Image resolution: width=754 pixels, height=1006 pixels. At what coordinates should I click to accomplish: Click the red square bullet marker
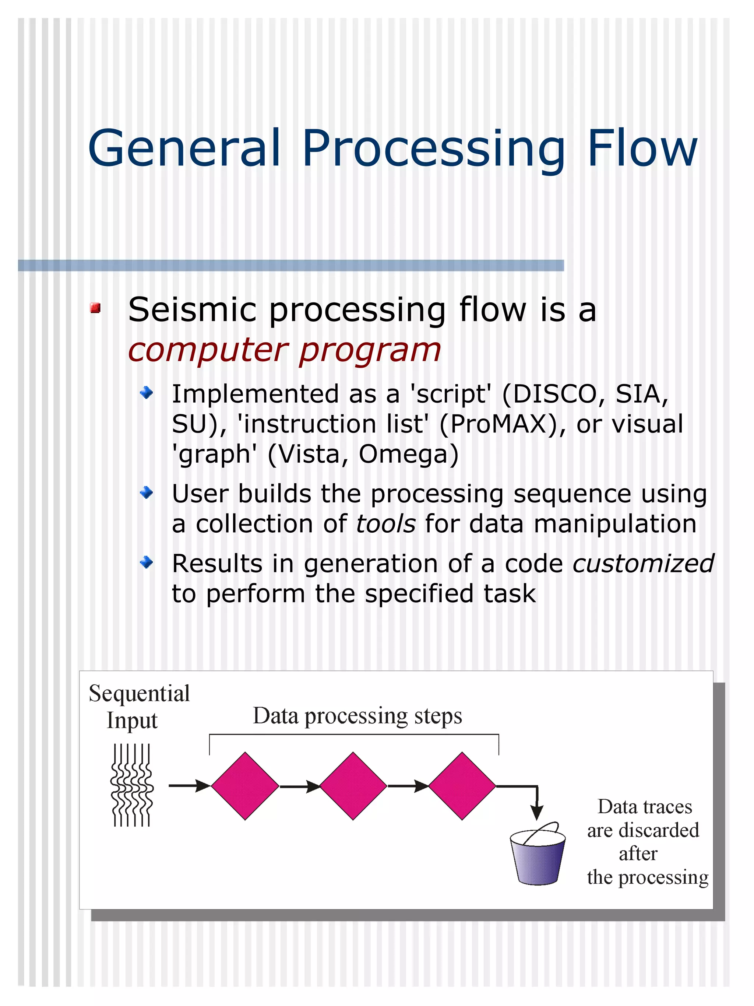pos(95,308)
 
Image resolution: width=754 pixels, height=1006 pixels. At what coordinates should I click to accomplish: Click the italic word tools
pos(385,523)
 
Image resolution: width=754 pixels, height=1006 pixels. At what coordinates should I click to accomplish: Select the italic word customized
pos(643,564)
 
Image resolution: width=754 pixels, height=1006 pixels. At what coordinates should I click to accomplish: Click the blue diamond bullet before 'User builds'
pos(147,493)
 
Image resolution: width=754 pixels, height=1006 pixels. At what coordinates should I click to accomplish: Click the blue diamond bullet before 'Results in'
pos(147,562)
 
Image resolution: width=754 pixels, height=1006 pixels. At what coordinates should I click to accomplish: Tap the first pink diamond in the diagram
pos(245,786)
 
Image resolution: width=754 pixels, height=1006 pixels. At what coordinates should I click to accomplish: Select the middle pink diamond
pos(353,786)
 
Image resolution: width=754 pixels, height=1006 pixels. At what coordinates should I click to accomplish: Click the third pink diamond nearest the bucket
pos(462,786)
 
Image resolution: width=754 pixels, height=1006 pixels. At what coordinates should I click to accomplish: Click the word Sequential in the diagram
pos(139,694)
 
